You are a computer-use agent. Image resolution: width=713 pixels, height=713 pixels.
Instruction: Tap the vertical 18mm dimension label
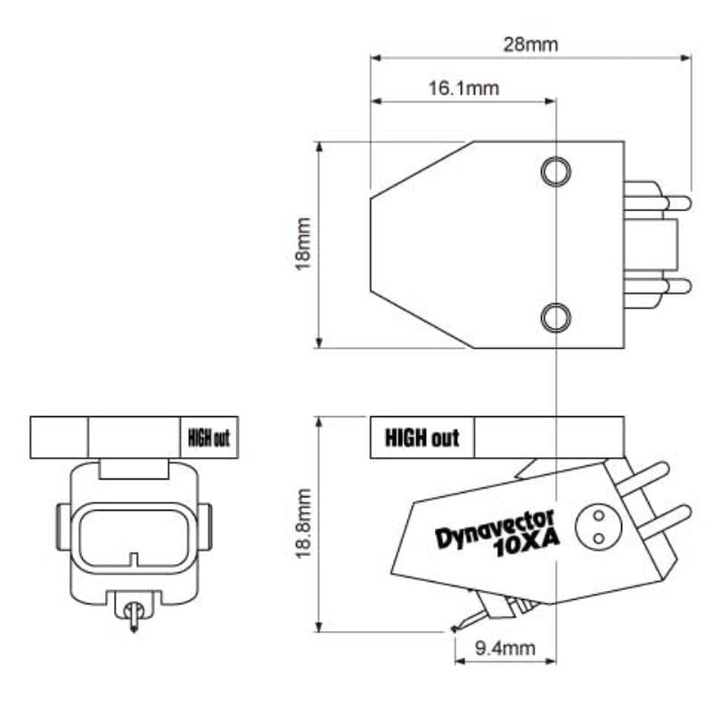pos(304,243)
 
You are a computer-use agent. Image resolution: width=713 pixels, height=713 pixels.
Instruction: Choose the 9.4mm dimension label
pos(504,649)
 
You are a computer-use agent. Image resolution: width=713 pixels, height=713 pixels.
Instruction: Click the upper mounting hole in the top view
pos(555,170)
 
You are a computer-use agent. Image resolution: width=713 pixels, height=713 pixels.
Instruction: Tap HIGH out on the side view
pos(422,438)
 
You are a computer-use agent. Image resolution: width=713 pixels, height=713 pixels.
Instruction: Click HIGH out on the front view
pos(209,438)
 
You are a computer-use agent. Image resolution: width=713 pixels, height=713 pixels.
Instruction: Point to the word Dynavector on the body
pos(495,529)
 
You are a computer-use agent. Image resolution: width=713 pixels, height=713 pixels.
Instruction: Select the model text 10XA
pos(528,545)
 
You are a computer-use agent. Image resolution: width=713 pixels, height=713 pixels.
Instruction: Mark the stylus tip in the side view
pos(455,628)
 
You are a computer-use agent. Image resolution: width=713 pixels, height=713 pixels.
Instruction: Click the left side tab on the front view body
pos(62,526)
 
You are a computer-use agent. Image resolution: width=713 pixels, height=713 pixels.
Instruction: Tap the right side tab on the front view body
pos(206,526)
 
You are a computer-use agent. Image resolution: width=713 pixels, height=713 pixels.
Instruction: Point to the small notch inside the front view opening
pos(134,561)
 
